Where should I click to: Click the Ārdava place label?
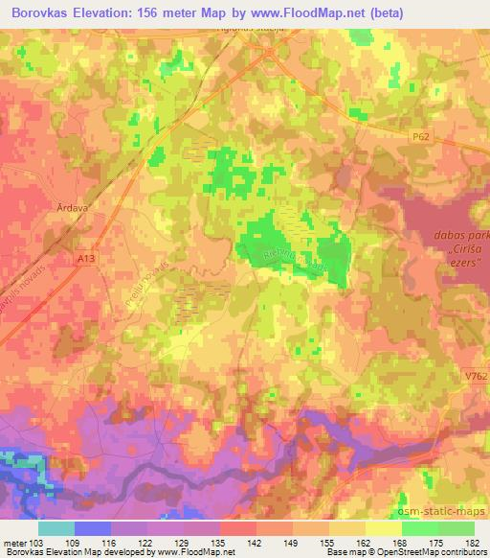tap(71, 205)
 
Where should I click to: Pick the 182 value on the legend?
tap(472, 542)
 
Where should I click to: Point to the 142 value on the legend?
tap(255, 542)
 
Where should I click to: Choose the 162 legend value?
tap(364, 542)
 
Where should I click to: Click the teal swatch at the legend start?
tap(57, 528)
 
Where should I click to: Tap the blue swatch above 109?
tap(93, 528)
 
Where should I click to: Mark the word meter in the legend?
tap(14, 542)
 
